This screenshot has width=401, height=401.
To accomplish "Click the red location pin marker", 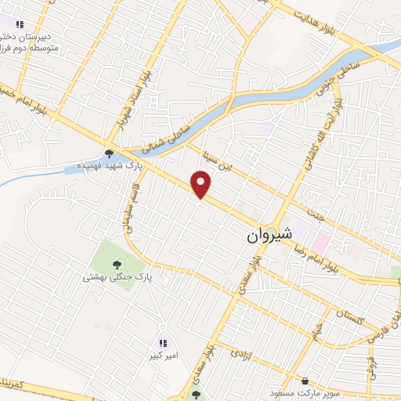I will [x=202, y=184].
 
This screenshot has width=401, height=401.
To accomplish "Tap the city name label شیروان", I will [x=269, y=234].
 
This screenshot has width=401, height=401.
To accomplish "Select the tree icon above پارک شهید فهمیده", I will [x=109, y=154].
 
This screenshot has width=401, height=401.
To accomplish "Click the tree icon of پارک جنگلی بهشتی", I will [x=117, y=266].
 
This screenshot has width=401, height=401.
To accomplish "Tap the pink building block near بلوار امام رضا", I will [x=322, y=237].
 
